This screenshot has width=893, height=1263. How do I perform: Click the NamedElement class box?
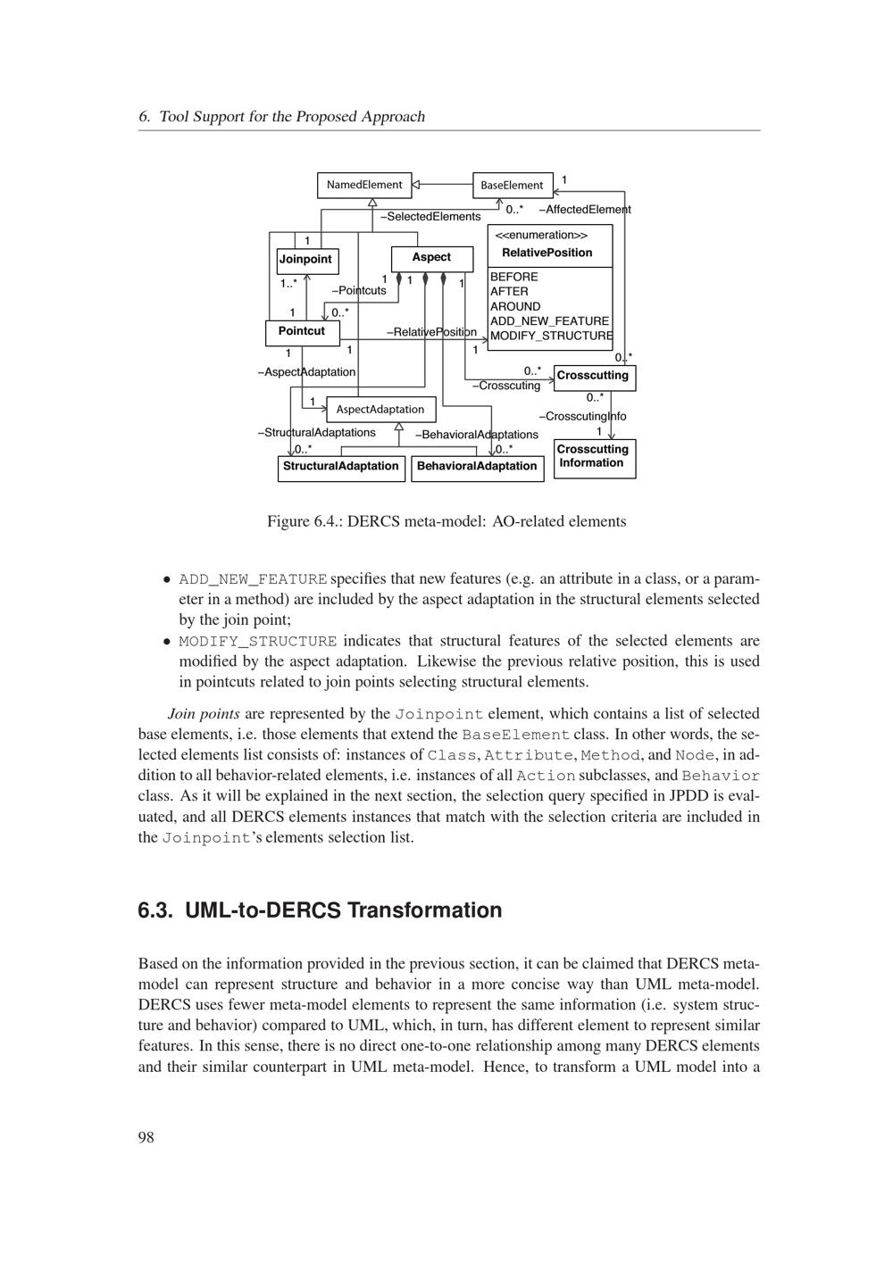point(364,186)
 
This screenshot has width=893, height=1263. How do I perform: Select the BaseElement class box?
point(512,186)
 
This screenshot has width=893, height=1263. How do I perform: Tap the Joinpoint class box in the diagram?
point(306,260)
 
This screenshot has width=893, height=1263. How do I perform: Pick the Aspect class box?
point(431,258)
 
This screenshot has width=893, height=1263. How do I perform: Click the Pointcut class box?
point(302,332)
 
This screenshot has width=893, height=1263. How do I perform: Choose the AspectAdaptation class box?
point(380,410)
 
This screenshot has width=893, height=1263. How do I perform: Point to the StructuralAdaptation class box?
point(341,467)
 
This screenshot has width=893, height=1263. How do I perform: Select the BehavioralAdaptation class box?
point(477,467)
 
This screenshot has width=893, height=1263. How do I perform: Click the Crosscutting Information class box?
point(594,457)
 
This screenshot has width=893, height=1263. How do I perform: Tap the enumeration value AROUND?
point(515,306)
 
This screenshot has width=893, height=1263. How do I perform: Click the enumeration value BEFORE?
point(514,277)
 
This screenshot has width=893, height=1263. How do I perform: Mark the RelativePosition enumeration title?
point(547,253)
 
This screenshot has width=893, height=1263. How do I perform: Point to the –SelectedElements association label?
point(430,217)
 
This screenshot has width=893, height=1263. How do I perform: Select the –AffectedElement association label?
point(585,210)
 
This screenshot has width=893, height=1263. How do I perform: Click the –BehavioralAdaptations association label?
point(477,435)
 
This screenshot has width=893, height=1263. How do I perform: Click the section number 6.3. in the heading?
point(157,910)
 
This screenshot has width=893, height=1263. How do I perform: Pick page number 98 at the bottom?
point(146,1137)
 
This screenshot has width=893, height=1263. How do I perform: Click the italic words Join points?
point(204,714)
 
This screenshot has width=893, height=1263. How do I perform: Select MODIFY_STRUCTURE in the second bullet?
point(258,642)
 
